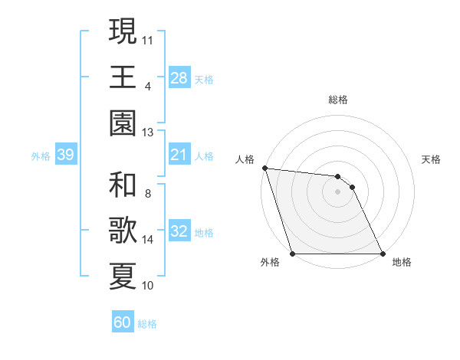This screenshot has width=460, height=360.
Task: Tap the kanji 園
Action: click(123, 123)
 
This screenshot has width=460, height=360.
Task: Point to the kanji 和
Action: click(123, 185)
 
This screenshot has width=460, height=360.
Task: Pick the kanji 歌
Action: click(123, 230)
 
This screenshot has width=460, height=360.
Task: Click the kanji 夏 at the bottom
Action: click(123, 276)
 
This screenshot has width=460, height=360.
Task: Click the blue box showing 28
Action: click(179, 78)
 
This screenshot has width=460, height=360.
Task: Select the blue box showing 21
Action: click(179, 155)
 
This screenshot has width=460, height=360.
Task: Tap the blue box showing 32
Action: click(179, 231)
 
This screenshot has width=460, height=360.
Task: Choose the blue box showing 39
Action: click(65, 155)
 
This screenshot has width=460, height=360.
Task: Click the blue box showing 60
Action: click(123, 322)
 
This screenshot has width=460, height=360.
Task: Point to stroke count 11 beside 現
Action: click(148, 39)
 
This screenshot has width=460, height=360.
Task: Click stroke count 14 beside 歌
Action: click(148, 240)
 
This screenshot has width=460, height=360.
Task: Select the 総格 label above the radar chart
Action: click(338, 100)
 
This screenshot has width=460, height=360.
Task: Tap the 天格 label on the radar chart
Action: click(432, 159)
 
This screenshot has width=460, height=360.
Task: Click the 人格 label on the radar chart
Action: click(246, 159)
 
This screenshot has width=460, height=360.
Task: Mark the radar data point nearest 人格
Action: click(264, 168)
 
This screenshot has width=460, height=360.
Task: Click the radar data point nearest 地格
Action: click(383, 254)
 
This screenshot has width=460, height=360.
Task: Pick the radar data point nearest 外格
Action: click(293, 254)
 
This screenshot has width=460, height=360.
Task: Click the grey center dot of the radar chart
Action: click(338, 191)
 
